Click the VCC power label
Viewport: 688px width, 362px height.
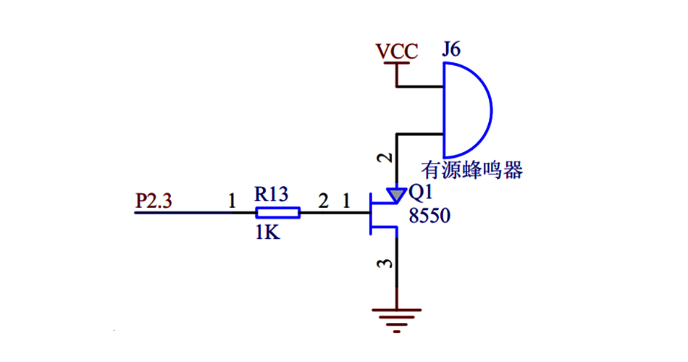396,51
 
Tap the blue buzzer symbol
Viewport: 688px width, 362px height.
466,110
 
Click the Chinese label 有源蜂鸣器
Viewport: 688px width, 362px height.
473,171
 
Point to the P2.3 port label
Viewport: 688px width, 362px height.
154,201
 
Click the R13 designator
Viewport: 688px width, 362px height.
272,194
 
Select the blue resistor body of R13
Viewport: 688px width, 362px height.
278,212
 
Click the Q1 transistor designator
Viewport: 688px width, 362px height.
420,193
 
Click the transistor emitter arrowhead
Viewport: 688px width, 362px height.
396,195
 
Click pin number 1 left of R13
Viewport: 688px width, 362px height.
232,201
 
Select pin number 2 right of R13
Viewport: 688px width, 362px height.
323,201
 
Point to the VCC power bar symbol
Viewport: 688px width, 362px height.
396,64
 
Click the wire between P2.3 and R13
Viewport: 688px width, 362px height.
196,212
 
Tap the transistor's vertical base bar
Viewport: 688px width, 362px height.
369,213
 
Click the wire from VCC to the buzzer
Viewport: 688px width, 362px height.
420,88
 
